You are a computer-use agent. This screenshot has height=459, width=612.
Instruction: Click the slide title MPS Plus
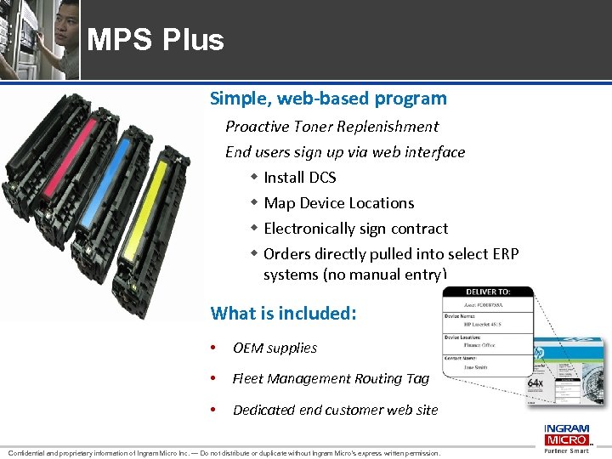156,40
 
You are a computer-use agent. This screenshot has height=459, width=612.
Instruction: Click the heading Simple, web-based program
328,99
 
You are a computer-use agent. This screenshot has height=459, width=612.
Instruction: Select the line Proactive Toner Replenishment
331,127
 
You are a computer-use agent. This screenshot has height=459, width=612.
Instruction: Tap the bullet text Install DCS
299,178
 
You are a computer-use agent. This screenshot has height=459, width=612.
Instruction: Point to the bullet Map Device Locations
338,203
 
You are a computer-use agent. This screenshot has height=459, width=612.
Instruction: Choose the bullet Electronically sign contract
355,229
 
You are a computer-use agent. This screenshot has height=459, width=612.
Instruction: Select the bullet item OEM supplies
275,348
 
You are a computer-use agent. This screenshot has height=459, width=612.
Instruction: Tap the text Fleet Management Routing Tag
331,378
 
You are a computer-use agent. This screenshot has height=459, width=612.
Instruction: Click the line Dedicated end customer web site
335,410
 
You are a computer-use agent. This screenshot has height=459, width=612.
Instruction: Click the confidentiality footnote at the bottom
223,453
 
